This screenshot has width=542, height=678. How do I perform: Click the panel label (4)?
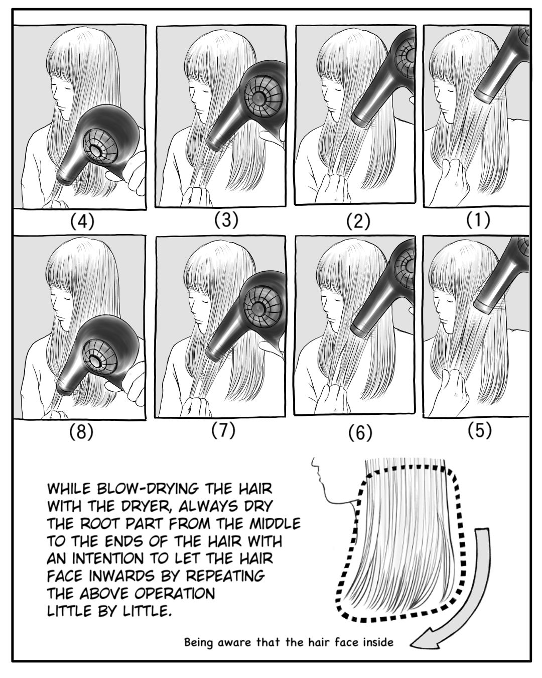(x=82, y=222)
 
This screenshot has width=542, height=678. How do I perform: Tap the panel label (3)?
(x=226, y=220)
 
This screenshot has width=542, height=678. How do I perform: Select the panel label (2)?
(x=358, y=222)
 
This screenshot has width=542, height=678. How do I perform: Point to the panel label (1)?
(x=478, y=220)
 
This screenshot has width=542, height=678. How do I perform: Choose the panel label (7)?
(x=223, y=431)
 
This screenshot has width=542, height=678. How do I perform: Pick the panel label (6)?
(x=360, y=433)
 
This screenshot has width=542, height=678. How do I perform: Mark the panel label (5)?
(x=479, y=431)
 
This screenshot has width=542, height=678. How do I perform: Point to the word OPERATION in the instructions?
(x=175, y=593)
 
